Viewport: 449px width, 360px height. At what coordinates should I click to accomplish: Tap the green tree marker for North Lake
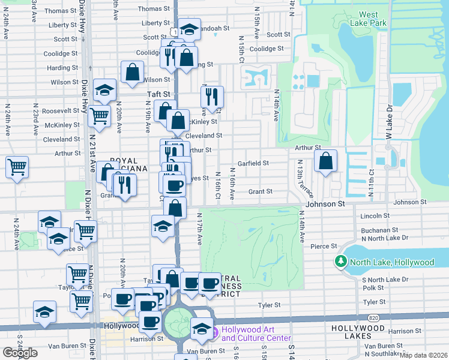[x=340, y=262]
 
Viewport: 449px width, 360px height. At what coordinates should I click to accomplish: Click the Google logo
[x=20, y=353]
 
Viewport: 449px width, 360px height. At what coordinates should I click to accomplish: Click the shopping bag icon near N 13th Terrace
[x=325, y=161]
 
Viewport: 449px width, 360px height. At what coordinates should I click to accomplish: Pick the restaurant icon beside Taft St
[x=212, y=96]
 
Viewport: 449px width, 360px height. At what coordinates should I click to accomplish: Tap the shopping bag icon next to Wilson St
[x=132, y=73]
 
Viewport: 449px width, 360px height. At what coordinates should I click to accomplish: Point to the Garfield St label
[x=252, y=163]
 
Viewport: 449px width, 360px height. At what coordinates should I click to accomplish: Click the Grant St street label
[x=261, y=191]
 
